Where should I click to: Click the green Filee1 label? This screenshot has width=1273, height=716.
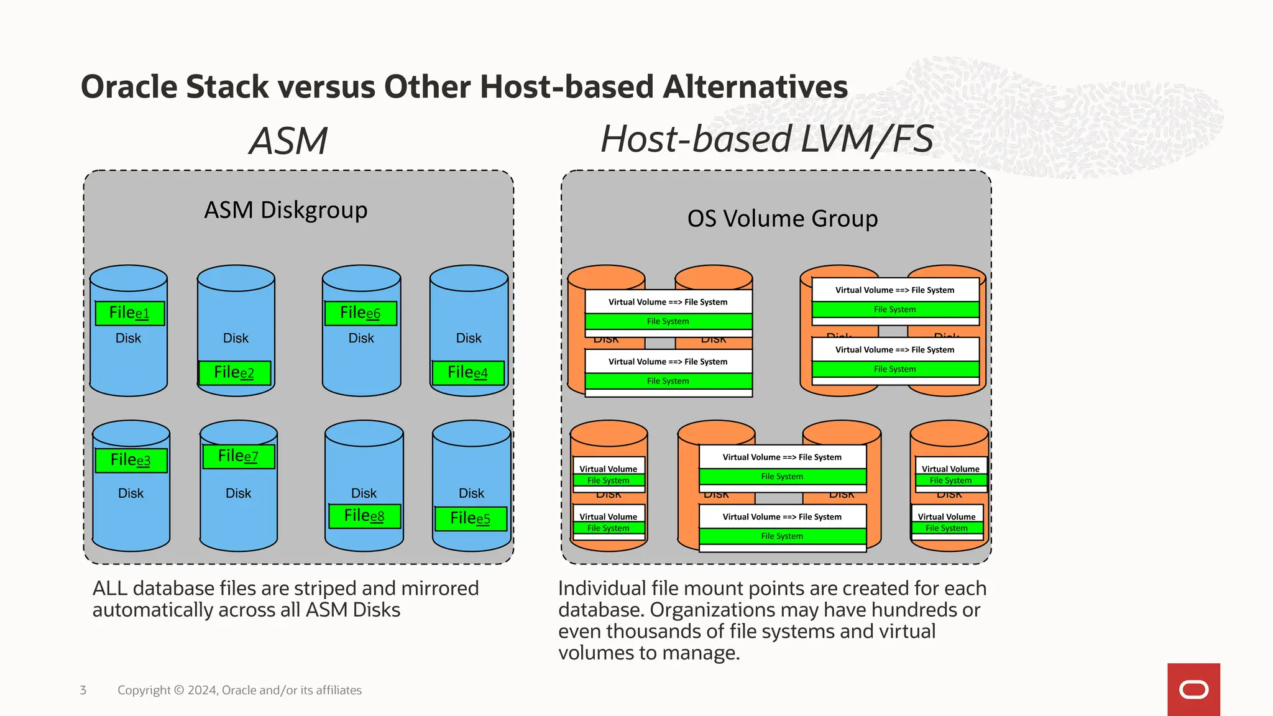pyautogui.click(x=129, y=313)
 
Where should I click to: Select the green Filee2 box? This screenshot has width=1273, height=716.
pyautogui.click(x=234, y=373)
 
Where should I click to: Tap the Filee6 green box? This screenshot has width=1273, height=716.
pyautogui.click(x=361, y=313)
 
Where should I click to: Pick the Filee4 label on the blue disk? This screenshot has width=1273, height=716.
pyautogui.click(x=468, y=373)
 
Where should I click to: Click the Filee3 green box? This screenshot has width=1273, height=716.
pyautogui.click(x=131, y=461)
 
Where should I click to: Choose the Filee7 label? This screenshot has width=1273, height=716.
pyautogui.click(x=238, y=457)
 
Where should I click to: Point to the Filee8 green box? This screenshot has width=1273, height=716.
pyautogui.click(x=364, y=516)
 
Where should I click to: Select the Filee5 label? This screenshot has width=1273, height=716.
pyautogui.click(x=471, y=518)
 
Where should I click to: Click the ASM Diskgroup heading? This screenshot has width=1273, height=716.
pyautogui.click(x=286, y=211)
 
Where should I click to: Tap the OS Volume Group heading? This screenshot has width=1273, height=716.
pyautogui.click(x=783, y=219)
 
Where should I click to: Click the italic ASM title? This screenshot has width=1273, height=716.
pyautogui.click(x=288, y=141)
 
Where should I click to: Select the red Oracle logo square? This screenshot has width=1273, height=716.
pyautogui.click(x=1193, y=689)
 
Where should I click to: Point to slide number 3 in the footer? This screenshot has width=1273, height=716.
pyautogui.click(x=83, y=691)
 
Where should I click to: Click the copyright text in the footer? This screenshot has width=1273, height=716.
pyautogui.click(x=239, y=691)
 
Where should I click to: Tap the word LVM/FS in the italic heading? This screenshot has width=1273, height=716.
pyautogui.click(x=866, y=139)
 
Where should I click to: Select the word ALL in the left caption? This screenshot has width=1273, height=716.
pyautogui.click(x=111, y=589)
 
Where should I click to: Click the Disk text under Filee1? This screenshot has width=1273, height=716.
pyautogui.click(x=128, y=339)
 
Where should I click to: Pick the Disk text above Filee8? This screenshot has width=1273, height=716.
pyautogui.click(x=364, y=493)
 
